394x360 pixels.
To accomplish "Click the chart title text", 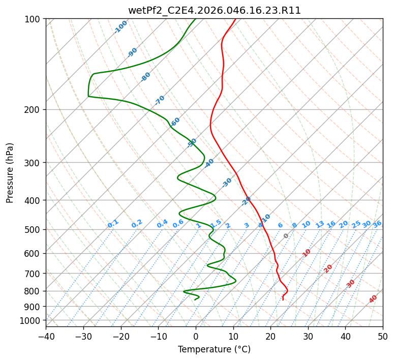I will point(214,10).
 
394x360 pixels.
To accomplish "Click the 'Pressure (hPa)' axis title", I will point(10,173).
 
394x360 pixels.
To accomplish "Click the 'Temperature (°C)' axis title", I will point(214,349).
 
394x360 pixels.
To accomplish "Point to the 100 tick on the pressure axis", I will point(34,19).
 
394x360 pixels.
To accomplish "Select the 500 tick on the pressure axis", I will point(34,229).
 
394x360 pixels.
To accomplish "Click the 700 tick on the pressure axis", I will point(34,274).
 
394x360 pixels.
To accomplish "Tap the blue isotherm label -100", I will point(120,27).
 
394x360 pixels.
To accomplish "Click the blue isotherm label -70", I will point(160,100).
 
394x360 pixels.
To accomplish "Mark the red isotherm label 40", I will point(373,299).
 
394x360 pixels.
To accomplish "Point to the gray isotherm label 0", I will point(286,236).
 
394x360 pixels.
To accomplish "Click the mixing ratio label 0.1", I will point(113,224).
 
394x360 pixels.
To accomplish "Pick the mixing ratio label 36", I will point(377,224).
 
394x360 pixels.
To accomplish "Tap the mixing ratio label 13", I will point(320,224).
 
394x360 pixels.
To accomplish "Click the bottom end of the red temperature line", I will point(283,300).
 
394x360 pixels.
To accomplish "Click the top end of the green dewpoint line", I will point(195,19).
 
